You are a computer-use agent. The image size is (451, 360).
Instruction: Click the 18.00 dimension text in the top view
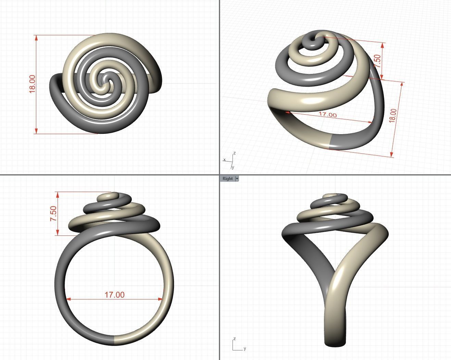coord(32,84)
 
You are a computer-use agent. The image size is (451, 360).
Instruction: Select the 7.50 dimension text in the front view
coord(54,213)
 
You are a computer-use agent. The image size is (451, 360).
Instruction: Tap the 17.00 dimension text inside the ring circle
coord(114,295)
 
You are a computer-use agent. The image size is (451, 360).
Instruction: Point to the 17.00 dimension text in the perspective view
coord(327,115)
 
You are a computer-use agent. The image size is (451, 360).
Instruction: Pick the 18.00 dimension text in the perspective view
coord(393,115)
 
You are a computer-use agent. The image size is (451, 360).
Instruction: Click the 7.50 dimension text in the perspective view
coord(377,61)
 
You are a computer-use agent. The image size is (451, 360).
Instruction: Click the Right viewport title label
coord(227,179)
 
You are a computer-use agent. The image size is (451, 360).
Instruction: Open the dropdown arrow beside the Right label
coord(237,179)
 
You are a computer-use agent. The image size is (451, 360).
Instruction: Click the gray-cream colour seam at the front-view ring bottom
coord(114,340)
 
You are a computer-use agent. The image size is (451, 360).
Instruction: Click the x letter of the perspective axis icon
coord(224,160)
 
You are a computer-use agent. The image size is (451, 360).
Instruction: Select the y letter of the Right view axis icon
coord(245,349)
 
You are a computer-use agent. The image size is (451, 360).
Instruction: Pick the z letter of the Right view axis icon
coord(234,339)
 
